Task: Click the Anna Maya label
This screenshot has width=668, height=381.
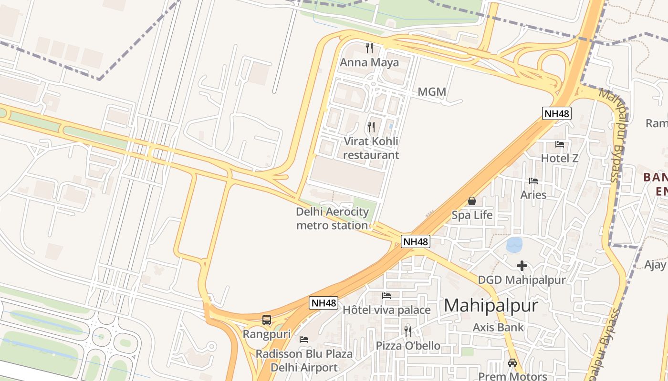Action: [369, 62]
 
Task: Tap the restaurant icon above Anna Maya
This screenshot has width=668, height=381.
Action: [369, 48]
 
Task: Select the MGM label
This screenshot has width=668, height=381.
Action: [432, 91]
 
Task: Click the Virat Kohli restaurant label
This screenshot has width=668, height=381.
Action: [371, 148]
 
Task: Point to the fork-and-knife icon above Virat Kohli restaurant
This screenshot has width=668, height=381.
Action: [371, 127]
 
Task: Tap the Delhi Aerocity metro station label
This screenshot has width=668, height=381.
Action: [333, 219]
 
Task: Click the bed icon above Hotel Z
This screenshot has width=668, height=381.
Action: [560, 144]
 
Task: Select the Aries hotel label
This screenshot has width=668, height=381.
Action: [533, 195]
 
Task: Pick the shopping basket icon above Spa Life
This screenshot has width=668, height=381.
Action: [472, 201]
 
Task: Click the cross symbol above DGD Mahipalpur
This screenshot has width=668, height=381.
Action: [522, 266]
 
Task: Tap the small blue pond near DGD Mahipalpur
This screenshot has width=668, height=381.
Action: [514, 245]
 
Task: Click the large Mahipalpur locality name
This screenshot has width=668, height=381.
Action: [491, 306]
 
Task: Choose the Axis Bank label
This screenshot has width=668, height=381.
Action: [498, 327]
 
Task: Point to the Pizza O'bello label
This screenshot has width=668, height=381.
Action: [408, 346]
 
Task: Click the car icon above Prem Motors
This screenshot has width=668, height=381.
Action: [512, 362]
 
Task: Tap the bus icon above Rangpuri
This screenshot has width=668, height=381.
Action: [267, 320]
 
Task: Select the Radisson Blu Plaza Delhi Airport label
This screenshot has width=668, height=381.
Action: [304, 361]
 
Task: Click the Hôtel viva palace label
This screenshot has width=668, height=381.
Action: [386, 310]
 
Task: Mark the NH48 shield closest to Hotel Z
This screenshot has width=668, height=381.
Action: [557, 113]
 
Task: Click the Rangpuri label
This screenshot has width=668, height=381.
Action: [267, 334]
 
